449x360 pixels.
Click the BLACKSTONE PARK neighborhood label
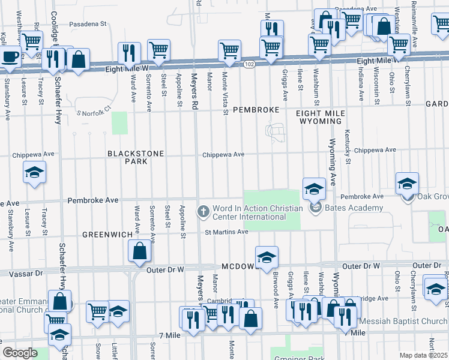pyautogui.click(x=136, y=157)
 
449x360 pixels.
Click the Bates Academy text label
pyautogui.click(x=354, y=208)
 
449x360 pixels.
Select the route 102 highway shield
pyautogui.click(x=248, y=64)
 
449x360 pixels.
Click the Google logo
pyautogui.click(x=20, y=353)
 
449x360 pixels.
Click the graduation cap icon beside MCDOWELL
pyautogui.click(x=267, y=257)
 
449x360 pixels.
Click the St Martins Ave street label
pyautogui.click(x=226, y=232)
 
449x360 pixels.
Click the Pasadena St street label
pyautogui.click(x=87, y=25)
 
